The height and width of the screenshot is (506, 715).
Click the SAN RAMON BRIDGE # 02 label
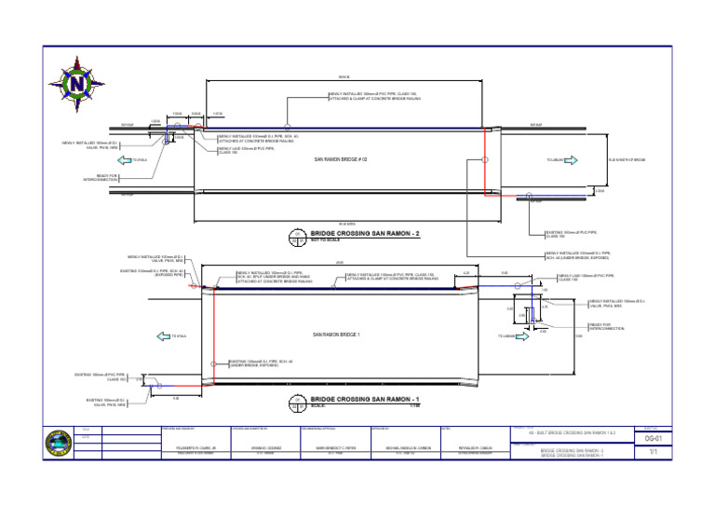tap(340, 159)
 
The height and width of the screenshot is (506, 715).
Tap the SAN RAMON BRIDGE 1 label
tap(336, 334)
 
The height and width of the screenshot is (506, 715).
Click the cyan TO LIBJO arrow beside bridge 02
tap(573, 160)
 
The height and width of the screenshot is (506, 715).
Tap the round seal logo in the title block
tap(63, 444)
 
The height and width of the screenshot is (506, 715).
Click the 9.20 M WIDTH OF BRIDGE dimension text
tap(627, 160)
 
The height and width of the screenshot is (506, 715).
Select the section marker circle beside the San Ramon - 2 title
tap(297, 236)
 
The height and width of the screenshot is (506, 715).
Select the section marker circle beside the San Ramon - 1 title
tap(297, 403)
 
